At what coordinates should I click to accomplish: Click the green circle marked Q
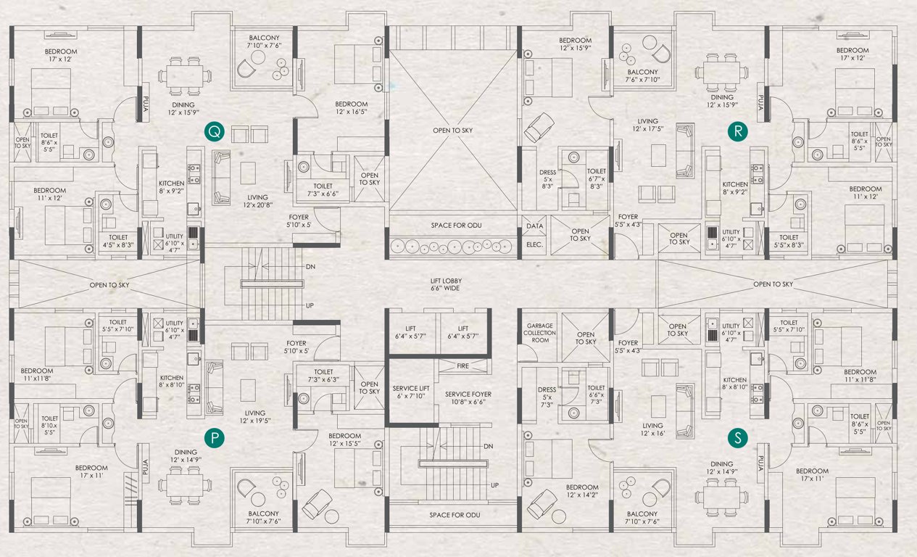point(215,131)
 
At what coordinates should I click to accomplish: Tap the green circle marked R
point(737,131)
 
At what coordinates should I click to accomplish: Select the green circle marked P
point(215,437)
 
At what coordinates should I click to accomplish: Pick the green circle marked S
point(737,437)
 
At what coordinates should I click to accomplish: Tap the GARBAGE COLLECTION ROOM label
point(539,333)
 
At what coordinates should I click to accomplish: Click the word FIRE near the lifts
point(462,366)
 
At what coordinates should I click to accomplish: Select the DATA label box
point(534,227)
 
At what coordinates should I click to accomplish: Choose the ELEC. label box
point(534,244)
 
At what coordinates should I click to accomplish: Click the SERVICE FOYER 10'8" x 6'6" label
point(472,397)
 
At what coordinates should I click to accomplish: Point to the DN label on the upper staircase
point(310,267)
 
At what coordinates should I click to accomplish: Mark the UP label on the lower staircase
point(494,485)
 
